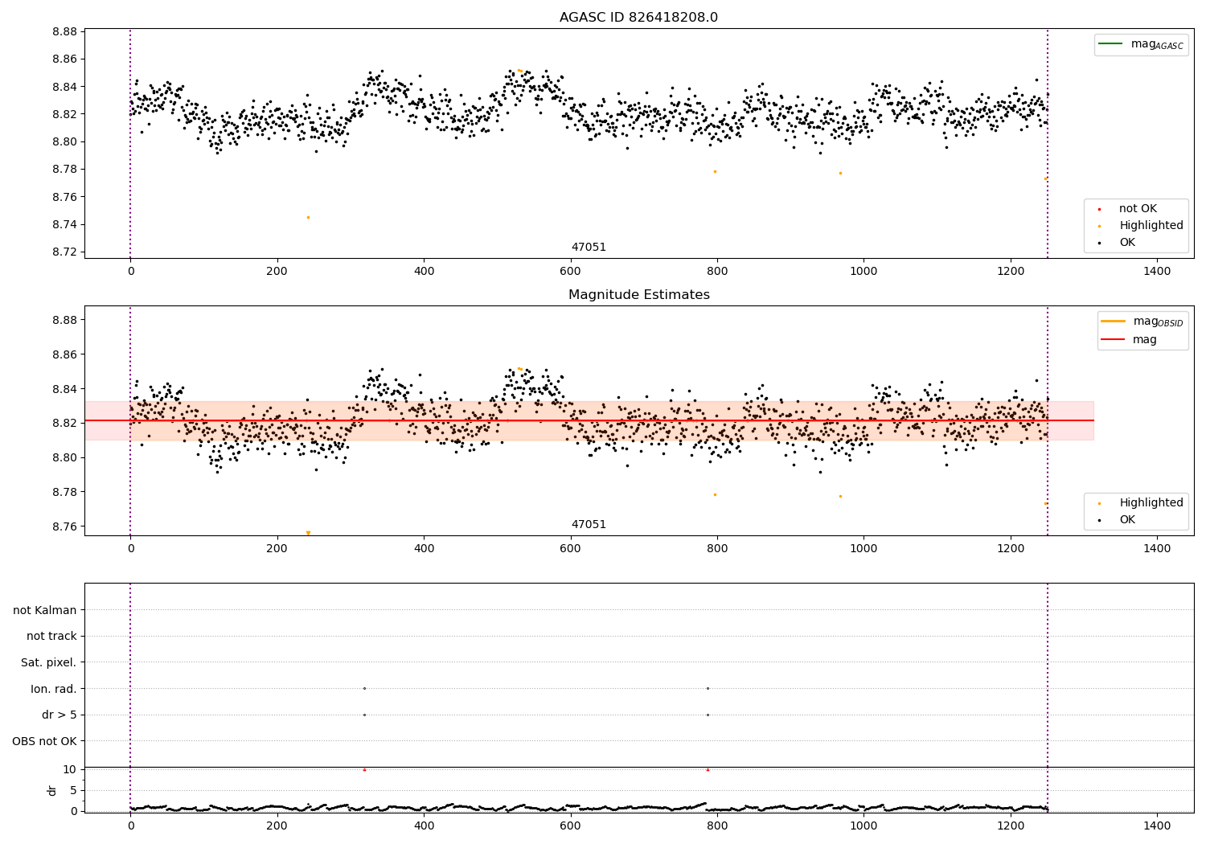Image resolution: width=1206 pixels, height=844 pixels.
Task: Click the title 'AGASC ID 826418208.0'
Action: (638, 18)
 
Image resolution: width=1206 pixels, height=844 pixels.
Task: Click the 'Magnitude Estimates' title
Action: (638, 295)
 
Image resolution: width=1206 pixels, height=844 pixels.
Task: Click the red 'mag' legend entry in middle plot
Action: (1144, 340)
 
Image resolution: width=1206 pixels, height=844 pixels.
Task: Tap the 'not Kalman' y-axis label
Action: (45, 610)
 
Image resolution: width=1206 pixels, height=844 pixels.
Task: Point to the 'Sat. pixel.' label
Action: (49, 662)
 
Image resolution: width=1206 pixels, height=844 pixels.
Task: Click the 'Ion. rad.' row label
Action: (54, 689)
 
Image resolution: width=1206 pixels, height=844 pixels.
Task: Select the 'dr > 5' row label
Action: (59, 715)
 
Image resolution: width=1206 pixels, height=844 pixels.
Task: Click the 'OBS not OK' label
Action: (45, 741)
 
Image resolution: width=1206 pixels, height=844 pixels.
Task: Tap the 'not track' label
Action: (51, 637)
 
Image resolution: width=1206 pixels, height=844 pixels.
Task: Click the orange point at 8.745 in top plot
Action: (308, 217)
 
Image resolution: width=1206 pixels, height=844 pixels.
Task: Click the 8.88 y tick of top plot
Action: (64, 32)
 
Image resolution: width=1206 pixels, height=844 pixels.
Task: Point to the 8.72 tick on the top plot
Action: (64, 252)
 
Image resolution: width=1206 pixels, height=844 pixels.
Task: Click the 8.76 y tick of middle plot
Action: (64, 526)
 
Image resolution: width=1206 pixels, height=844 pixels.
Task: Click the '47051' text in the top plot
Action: (589, 248)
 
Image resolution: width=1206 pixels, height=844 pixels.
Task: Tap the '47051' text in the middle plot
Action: (589, 525)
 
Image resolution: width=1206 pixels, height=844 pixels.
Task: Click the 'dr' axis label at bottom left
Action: (52, 790)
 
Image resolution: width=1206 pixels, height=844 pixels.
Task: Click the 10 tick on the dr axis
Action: (69, 769)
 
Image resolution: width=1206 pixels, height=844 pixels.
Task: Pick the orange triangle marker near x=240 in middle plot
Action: (308, 533)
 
